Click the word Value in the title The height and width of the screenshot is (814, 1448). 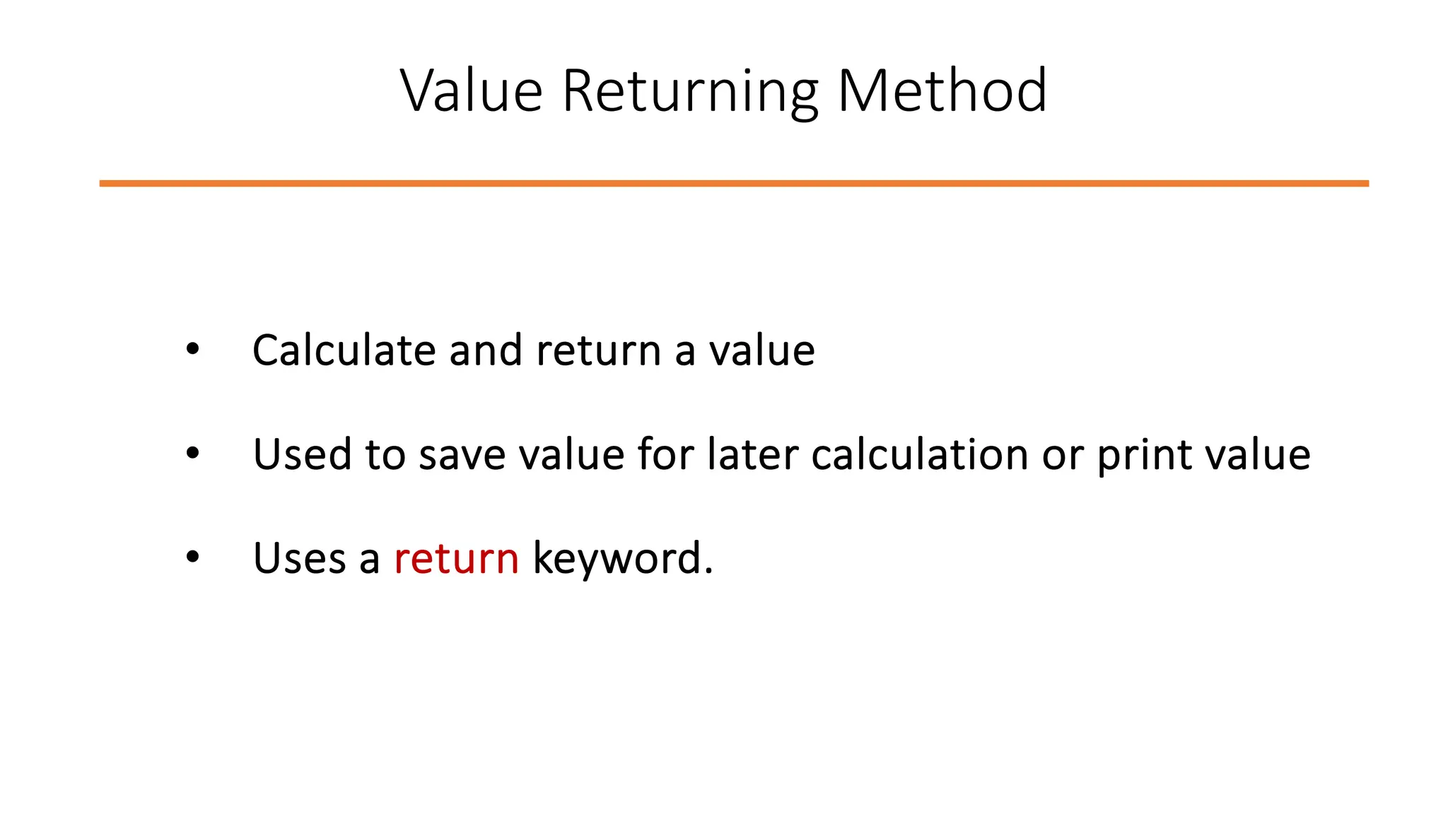tap(471, 91)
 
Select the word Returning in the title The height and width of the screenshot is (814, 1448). tap(690, 91)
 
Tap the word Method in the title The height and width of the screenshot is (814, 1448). tap(941, 91)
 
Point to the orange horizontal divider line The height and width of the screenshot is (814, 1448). tap(734, 184)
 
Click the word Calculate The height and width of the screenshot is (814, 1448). tap(344, 350)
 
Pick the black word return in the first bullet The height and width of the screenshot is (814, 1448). tap(598, 350)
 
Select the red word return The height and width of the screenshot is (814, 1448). tap(456, 558)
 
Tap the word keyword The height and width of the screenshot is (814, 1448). tap(622, 558)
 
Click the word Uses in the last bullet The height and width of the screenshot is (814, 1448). tap(299, 558)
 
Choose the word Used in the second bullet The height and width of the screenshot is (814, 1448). tap(302, 454)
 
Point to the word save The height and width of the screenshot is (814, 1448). tap(462, 454)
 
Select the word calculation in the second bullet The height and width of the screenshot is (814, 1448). tap(920, 454)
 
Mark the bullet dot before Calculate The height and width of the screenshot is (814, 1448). tap(192, 349)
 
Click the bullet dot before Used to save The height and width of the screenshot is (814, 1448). tap(192, 453)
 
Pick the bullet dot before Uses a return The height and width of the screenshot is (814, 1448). tap(192, 557)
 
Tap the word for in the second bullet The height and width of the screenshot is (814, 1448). tap(665, 454)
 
